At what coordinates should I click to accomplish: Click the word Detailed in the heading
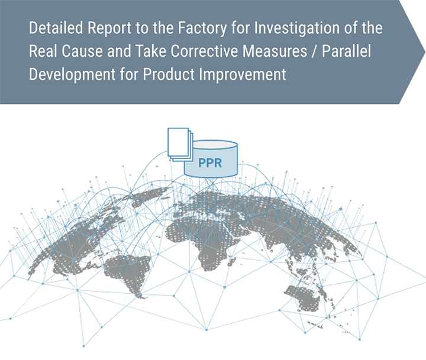56,28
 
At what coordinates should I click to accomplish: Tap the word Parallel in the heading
346,51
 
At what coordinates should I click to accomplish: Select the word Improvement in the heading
243,74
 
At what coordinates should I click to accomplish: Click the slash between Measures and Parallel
315,51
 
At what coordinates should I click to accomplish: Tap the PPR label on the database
210,163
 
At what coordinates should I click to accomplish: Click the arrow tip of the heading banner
425,51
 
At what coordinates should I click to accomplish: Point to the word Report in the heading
109,28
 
